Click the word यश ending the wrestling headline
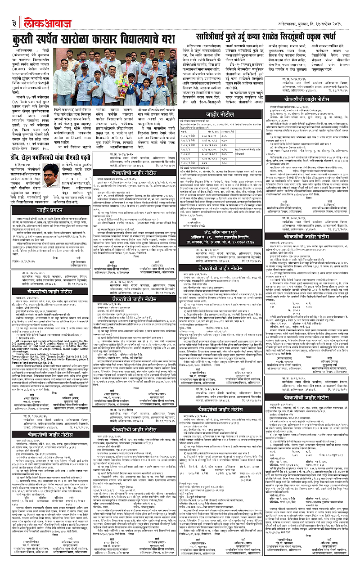(167, 38)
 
